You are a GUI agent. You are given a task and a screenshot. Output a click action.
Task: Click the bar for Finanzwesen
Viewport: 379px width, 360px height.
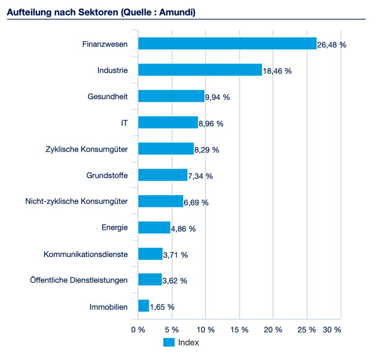(227, 44)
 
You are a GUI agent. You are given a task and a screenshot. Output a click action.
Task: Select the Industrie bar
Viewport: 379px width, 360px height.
(200, 70)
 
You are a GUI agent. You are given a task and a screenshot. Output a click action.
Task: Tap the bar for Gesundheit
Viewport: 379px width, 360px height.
(171, 97)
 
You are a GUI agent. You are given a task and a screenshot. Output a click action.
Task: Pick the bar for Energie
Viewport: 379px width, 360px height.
(154, 227)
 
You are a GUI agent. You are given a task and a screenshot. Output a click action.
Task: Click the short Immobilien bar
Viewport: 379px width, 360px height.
(143, 306)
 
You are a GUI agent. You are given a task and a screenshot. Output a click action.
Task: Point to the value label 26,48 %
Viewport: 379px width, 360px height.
(332, 45)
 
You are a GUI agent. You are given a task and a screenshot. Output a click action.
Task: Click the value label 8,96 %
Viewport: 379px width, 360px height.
(211, 123)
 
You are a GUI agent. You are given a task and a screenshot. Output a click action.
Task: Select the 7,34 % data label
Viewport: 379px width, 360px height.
(201, 176)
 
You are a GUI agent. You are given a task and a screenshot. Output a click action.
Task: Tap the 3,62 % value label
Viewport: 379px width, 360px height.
(175, 281)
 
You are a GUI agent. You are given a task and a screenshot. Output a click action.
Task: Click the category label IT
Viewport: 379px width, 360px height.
(124, 123)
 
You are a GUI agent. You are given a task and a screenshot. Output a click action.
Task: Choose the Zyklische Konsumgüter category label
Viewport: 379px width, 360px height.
(86, 149)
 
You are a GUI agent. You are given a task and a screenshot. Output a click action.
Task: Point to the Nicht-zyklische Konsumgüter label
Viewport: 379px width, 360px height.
(76, 201)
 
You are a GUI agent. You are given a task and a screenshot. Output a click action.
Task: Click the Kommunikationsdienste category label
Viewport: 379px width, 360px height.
(86, 254)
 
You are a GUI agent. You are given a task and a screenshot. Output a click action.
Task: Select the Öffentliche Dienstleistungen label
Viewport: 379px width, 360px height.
(79, 280)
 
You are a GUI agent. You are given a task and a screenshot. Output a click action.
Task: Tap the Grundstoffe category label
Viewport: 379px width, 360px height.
(107, 175)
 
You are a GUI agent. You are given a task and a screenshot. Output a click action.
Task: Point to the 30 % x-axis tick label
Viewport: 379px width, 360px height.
(332, 329)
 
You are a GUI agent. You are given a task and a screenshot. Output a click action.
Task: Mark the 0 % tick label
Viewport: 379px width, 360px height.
(138, 329)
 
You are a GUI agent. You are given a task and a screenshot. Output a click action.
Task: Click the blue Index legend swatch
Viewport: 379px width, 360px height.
(169, 342)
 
